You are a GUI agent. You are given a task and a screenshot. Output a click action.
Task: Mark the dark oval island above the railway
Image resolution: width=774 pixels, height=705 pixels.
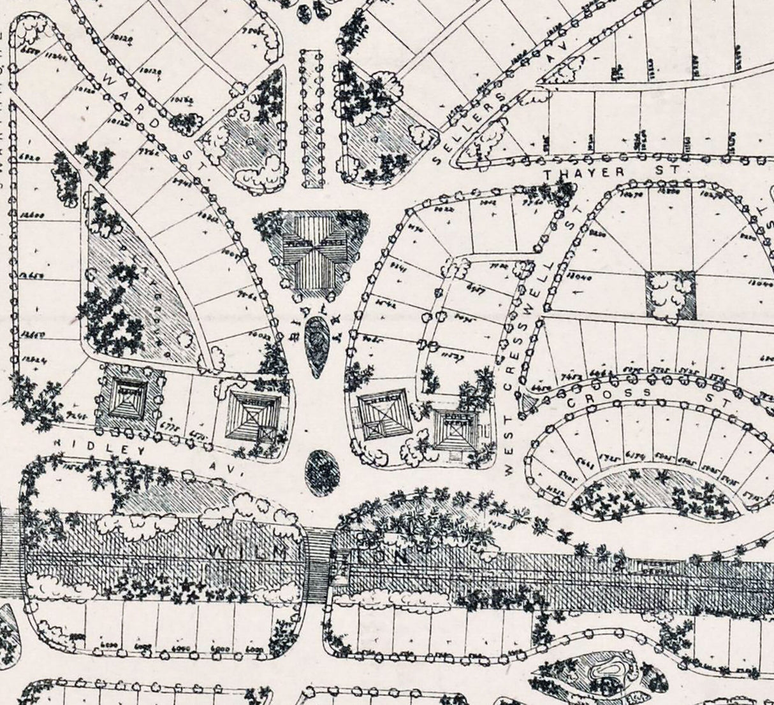point(322,472)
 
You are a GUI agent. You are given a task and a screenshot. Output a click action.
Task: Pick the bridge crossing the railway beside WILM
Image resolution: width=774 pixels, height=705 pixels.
point(319,567)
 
